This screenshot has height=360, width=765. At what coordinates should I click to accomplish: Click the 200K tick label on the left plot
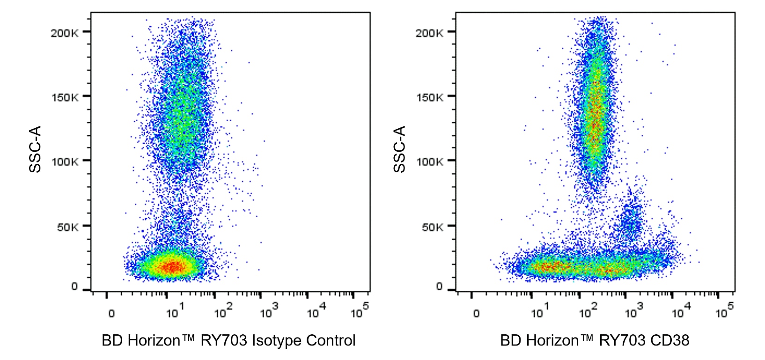coord(65,33)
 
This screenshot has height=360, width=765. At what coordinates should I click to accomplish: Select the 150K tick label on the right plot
coord(429,97)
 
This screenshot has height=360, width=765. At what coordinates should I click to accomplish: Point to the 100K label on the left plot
coord(65,162)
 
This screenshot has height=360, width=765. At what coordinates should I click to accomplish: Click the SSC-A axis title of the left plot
coord(36,149)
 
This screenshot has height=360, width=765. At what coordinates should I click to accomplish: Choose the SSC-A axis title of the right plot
coord(400,149)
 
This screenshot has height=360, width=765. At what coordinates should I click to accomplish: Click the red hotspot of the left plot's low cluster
coord(172,267)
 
